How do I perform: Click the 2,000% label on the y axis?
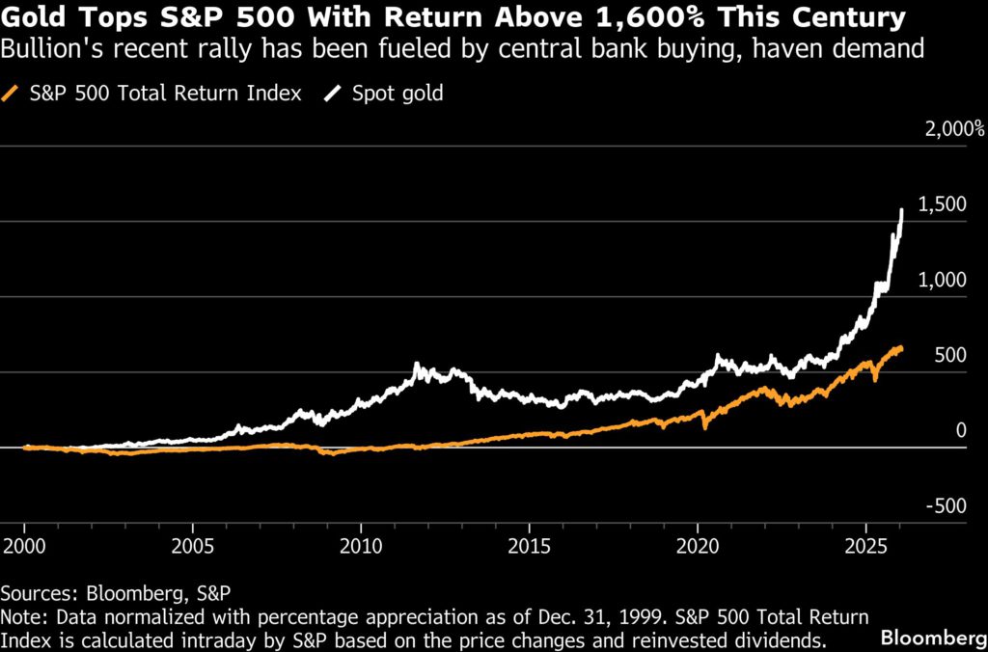pos(953,129)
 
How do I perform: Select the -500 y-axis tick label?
pos(947,505)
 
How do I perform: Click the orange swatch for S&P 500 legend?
pos(12,94)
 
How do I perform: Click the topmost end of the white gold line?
pos(902,209)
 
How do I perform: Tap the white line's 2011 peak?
pos(416,365)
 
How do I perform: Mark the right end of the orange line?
pos(902,350)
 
